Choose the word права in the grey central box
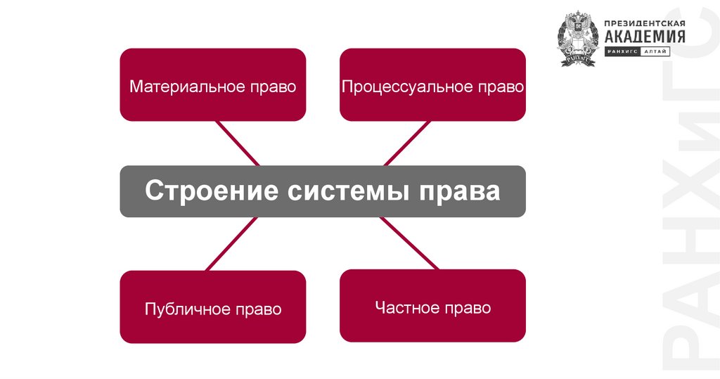pos(456,191)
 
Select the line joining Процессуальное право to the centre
pos(407,143)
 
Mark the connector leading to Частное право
pos(409,243)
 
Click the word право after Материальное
pos(272,87)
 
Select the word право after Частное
pos(466,308)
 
